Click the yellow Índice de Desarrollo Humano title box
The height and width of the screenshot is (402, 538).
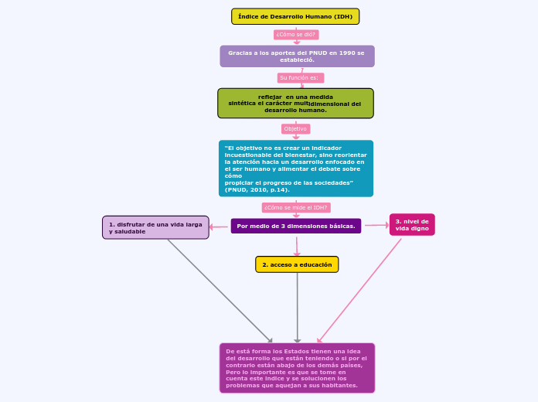[295, 16]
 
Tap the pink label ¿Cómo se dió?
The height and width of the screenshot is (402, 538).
[296, 35]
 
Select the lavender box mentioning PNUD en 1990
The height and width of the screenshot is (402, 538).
[297, 56]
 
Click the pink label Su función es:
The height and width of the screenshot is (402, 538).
[300, 78]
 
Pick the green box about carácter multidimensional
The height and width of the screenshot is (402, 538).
[295, 104]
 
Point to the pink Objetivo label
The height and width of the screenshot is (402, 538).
[295, 129]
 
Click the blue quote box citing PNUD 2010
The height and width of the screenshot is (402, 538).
[295, 169]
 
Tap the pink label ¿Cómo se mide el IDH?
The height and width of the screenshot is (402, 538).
[296, 208]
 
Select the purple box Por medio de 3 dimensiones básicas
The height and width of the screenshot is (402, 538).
[295, 226]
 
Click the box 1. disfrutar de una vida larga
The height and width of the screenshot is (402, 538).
[155, 227]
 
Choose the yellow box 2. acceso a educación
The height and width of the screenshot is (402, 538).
[297, 264]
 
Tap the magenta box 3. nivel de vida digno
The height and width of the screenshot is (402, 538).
[412, 225]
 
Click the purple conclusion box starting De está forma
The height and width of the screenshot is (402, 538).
[297, 368]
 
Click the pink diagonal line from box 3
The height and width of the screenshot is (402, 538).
[360, 289]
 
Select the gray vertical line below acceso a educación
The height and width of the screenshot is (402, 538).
[298, 305]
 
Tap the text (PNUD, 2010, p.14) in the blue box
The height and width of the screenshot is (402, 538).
[257, 189]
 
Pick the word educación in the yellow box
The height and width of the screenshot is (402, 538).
[316, 264]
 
